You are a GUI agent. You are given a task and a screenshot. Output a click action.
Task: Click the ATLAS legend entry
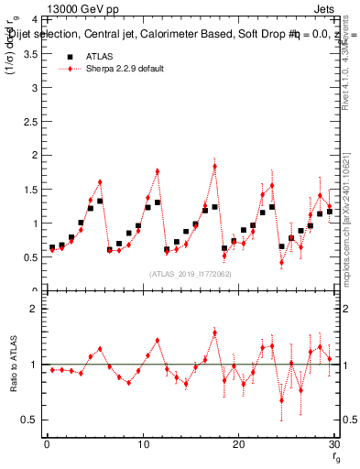pos(98,57)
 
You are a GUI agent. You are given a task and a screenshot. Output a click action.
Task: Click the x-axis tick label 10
pos(142,445)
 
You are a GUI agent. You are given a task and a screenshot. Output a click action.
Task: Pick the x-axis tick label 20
pos(238,445)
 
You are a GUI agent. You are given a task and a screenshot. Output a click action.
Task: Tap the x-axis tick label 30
pos(333,445)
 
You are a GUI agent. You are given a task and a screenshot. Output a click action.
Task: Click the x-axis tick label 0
pos(47,445)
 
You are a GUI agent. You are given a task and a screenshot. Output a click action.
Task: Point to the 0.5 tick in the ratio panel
pos(29,420)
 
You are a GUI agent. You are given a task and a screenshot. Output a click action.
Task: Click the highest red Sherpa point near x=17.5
pos(214,166)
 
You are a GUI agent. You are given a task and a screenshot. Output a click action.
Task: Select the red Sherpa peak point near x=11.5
pos(158,171)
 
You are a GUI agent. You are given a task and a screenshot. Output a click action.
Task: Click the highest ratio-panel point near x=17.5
pos(214,333)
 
